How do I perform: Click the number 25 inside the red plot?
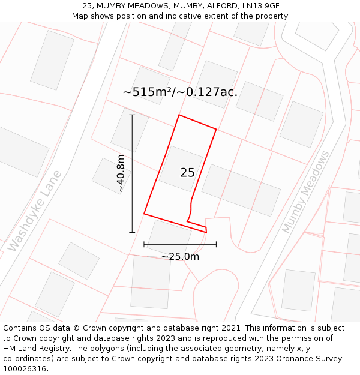pyautogui.click(x=187, y=173)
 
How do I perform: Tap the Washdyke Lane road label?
pyautogui.click(x=35, y=211)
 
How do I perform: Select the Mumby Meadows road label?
pyautogui.click(x=306, y=192)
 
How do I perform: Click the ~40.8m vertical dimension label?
pyautogui.click(x=121, y=173)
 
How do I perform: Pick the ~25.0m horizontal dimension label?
pyautogui.click(x=180, y=257)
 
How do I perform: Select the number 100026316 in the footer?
pyautogui.click(x=24, y=369)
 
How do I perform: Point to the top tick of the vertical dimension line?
pyautogui.click(x=132, y=115)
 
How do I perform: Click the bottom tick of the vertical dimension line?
pyautogui.click(x=132, y=232)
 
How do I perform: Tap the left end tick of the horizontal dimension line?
pyautogui.click(x=144, y=244)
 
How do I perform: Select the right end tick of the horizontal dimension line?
pyautogui.click(x=216, y=244)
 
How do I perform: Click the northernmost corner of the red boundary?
pyautogui.click(x=179, y=115)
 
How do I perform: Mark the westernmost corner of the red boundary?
pyautogui.click(x=144, y=214)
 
